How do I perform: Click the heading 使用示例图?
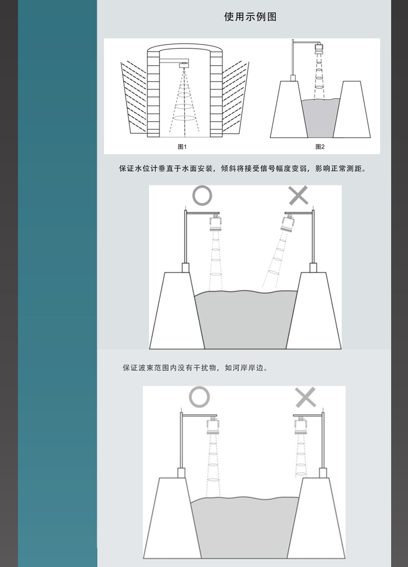250,17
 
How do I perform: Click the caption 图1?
182,147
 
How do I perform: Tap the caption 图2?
320,147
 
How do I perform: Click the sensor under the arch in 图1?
184,65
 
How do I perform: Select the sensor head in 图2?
319,49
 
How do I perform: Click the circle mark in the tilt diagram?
202,196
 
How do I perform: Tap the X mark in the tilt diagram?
299,195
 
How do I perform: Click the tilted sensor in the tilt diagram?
288,224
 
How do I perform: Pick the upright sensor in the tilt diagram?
216,223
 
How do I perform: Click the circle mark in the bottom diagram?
199,397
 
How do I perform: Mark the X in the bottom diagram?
306,397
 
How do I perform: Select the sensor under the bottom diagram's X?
301,425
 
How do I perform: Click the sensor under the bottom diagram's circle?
213,425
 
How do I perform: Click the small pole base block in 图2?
293,78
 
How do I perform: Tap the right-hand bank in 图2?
351,110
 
